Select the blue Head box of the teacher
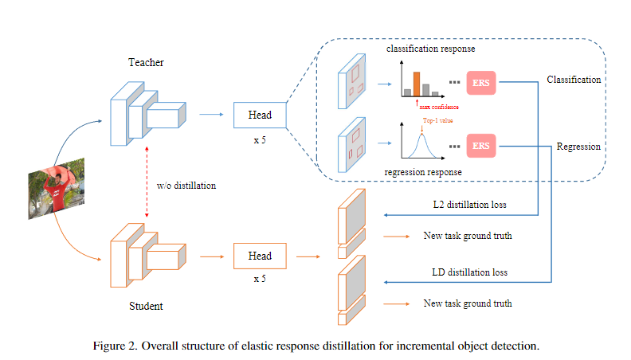259,115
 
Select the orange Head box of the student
259,256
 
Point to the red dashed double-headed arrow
145,186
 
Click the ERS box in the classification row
481,81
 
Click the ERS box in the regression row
481,145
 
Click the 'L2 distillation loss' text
469,205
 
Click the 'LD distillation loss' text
469,272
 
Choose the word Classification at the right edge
574,80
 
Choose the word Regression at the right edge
578,147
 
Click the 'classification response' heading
430,49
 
